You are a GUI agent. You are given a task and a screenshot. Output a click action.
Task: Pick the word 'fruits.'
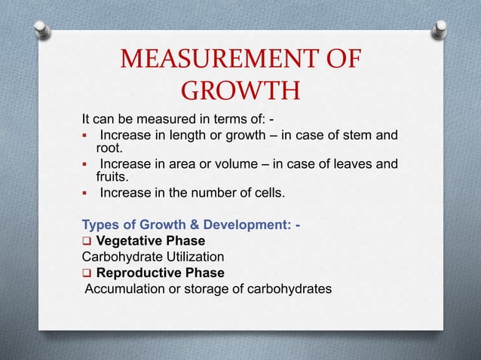pos(113,178)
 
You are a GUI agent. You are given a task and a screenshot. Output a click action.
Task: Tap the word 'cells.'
pos(268,193)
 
